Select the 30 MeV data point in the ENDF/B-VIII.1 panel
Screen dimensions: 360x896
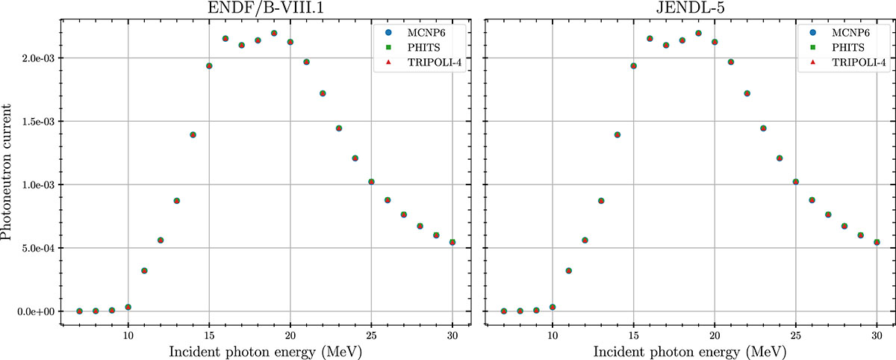click(452, 242)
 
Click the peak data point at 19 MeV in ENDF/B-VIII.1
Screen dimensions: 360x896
click(274, 34)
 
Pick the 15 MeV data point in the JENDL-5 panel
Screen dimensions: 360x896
click(634, 66)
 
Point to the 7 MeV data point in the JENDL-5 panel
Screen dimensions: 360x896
click(504, 311)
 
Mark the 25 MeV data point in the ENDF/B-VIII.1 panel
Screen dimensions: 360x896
click(371, 181)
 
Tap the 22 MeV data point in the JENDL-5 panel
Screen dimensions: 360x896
click(747, 93)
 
